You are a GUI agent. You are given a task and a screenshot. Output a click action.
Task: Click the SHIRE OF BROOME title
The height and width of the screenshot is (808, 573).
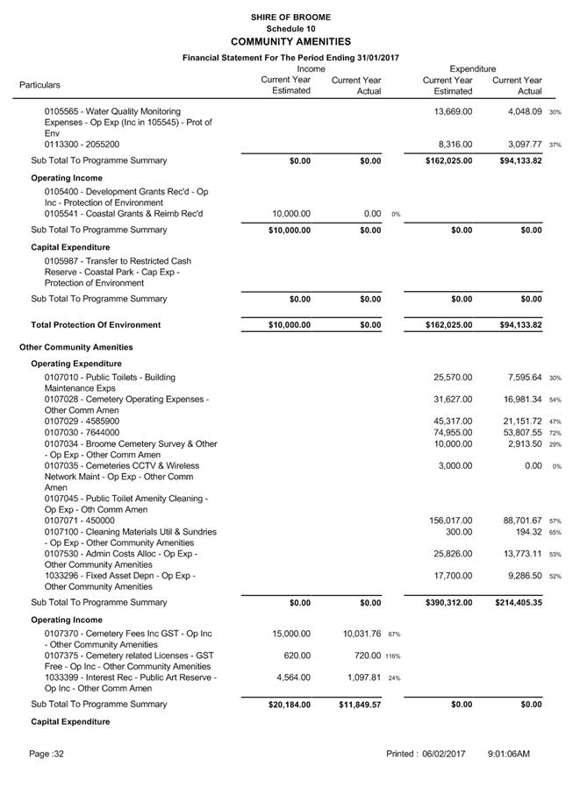(x=290, y=17)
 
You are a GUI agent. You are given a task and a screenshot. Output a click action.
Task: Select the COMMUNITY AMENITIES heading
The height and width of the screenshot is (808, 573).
(x=290, y=41)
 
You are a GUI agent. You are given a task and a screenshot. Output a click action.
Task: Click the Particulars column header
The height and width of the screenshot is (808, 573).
(x=40, y=85)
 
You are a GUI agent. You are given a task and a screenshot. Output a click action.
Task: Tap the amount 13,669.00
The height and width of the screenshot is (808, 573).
(x=453, y=111)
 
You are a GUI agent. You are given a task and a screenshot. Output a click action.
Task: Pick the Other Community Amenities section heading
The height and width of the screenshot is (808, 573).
(x=76, y=347)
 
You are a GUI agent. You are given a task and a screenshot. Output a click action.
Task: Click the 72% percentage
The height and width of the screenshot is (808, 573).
(x=555, y=433)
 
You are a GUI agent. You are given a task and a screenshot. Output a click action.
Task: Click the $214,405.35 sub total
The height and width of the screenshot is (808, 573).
(x=513, y=603)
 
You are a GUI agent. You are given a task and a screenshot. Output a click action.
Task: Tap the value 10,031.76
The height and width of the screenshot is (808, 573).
(x=355, y=634)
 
